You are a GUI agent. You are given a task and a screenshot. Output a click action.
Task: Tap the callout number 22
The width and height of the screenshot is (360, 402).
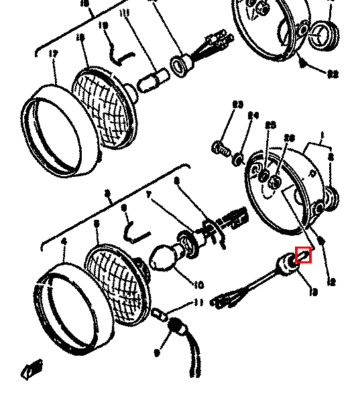pyautogui.click(x=333, y=75)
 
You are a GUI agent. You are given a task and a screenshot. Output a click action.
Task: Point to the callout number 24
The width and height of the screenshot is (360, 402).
pyautogui.click(x=253, y=115)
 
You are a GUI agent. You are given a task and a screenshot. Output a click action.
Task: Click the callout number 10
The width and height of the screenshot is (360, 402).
pyautogui.click(x=198, y=285)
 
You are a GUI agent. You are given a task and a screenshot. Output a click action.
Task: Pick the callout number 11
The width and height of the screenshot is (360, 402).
pyautogui.click(x=198, y=303)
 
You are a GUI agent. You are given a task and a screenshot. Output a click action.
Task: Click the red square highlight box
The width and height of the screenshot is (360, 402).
pyautogui.click(x=304, y=255)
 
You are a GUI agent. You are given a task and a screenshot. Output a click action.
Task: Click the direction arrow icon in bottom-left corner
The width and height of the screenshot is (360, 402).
pyautogui.click(x=32, y=368)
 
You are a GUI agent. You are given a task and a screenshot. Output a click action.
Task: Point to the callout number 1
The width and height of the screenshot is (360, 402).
pyautogui.click(x=322, y=135)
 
